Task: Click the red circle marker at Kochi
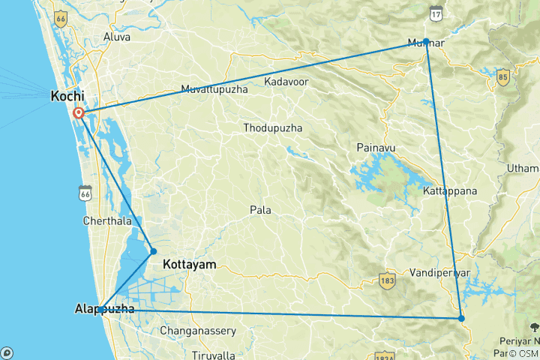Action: pos(79,113)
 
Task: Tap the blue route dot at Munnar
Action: pos(426,41)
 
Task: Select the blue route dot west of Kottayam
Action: pos(154,251)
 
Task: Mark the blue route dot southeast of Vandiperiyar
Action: pos(461,319)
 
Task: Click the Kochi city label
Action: pos(67,96)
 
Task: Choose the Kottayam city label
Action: pos(189,265)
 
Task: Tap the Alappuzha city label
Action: pos(105,309)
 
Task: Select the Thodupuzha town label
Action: pos(272,128)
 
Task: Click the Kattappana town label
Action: pos(450,191)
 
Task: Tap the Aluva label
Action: pos(116,37)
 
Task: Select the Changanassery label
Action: pos(198,331)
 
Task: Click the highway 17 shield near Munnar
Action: pos(436,13)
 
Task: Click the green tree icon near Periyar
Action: pos(534,326)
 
